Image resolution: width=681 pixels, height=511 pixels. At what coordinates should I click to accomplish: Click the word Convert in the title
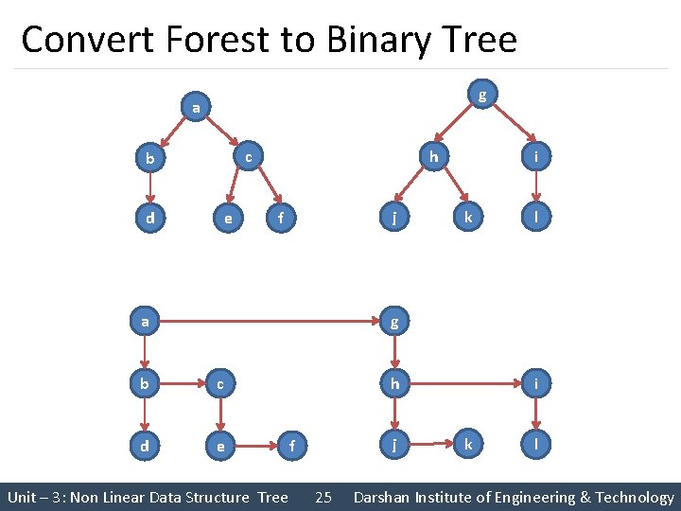[80, 40]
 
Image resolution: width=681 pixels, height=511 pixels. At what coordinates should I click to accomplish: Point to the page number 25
[323, 497]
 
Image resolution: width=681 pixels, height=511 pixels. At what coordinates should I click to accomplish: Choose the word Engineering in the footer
[525, 497]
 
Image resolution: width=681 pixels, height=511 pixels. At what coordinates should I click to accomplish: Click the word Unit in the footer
[23, 497]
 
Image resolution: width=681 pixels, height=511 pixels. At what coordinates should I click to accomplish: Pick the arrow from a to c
[223, 127]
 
